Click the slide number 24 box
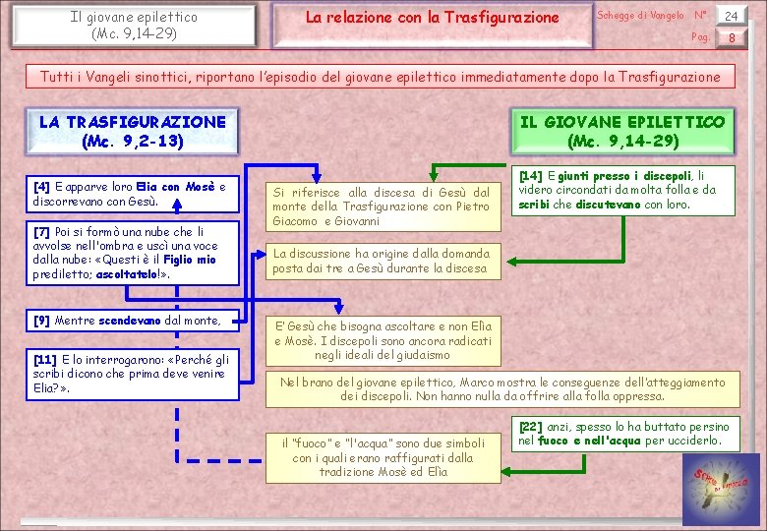731,15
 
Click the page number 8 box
731,38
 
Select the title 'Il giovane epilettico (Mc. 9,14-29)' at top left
134,25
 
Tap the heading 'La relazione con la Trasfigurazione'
432,18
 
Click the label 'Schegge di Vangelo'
640,15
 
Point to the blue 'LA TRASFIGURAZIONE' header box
133,132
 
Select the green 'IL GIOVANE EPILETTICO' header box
622,132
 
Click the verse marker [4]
42,187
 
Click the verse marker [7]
42,232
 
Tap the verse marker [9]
42,321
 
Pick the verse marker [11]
45,360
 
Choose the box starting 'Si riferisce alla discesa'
381,206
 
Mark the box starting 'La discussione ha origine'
381,261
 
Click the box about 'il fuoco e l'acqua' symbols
383,457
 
